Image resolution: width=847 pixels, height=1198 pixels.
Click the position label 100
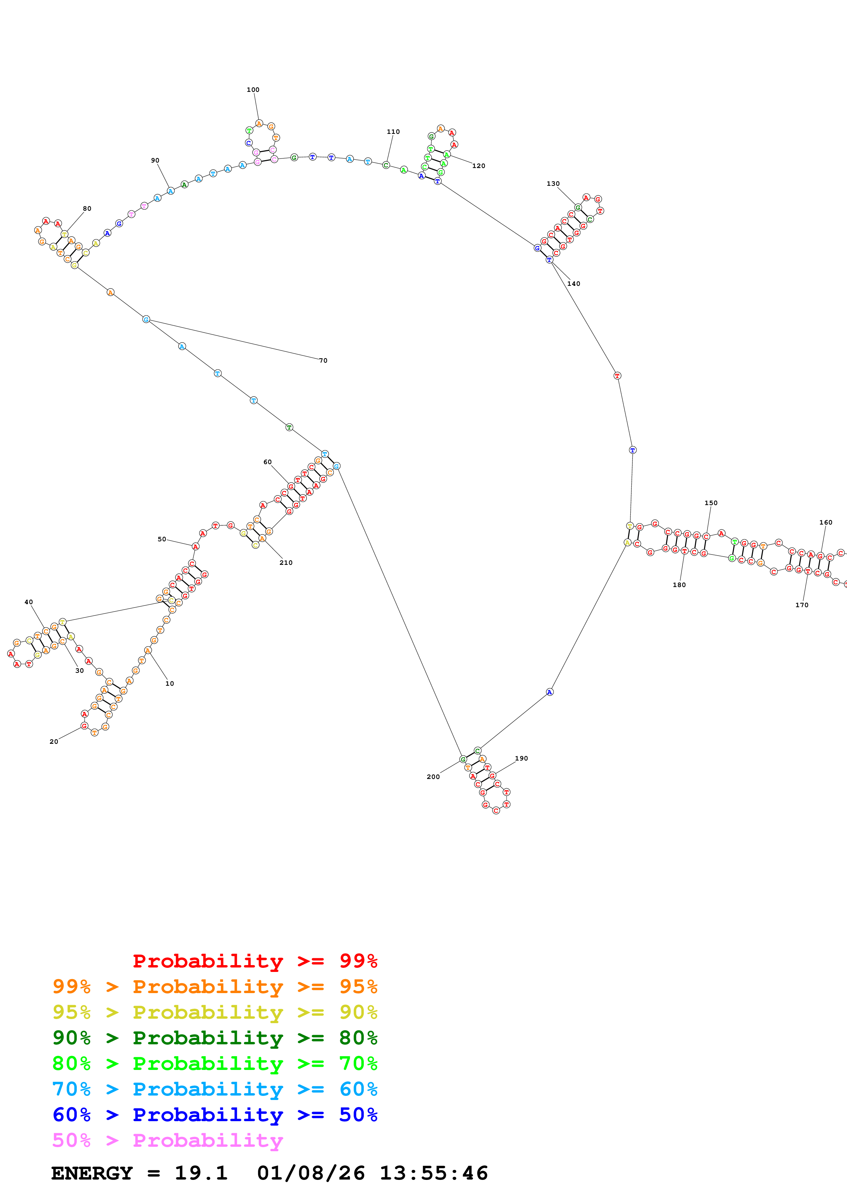tap(253, 90)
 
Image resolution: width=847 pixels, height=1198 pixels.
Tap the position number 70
tap(324, 361)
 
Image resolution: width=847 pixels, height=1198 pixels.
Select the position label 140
tap(574, 284)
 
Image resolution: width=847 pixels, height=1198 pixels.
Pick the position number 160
tap(825, 522)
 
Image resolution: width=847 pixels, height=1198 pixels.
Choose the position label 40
tap(29, 602)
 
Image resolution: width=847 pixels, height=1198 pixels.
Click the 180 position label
tap(679, 585)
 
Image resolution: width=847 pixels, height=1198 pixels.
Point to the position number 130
tap(553, 184)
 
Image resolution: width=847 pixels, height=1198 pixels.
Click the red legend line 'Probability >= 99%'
tap(255, 961)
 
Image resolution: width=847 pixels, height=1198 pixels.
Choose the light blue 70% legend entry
tap(215, 1089)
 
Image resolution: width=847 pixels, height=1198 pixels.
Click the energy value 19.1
tap(201, 1173)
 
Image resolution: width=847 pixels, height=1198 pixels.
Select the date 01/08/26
tap(311, 1173)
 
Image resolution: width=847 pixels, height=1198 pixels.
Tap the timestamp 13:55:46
tap(434, 1173)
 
